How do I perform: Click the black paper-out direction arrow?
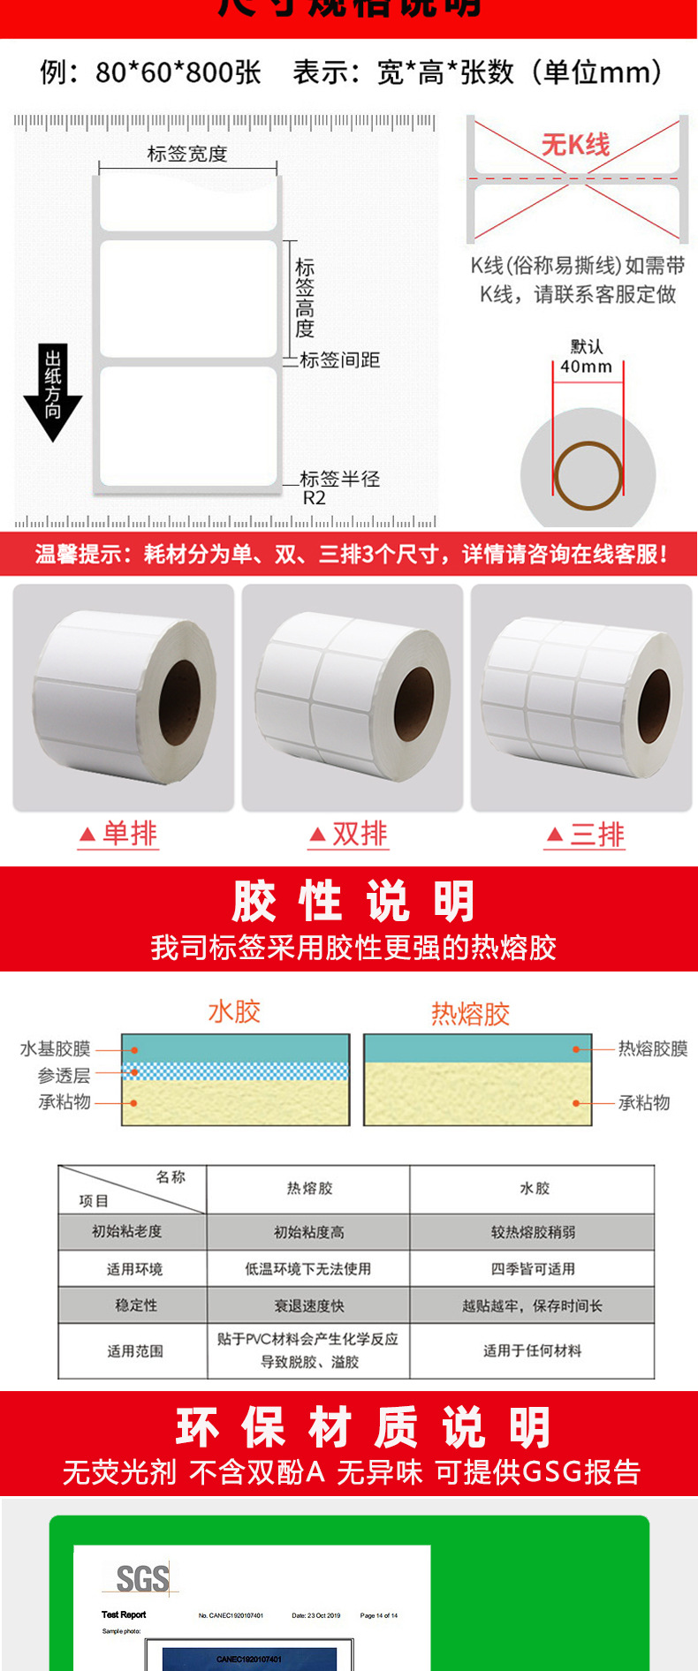point(53,393)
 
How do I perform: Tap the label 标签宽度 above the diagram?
point(186,154)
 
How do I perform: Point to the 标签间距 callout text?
point(340,359)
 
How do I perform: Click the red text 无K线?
point(575,144)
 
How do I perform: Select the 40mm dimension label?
point(586,366)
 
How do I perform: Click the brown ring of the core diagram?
point(588,475)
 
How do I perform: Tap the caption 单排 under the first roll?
point(119,834)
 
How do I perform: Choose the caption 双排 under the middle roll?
point(349,834)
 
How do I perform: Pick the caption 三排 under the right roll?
point(586,834)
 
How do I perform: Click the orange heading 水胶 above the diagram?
point(234,1011)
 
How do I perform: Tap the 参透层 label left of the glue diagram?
point(64,1075)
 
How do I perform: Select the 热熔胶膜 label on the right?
point(653,1048)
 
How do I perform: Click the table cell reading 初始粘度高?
point(308,1232)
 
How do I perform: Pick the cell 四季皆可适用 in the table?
point(533,1268)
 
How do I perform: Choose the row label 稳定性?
point(136,1304)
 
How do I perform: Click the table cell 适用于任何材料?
point(532,1350)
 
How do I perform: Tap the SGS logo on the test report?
point(142,1578)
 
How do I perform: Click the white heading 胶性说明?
point(353,902)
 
